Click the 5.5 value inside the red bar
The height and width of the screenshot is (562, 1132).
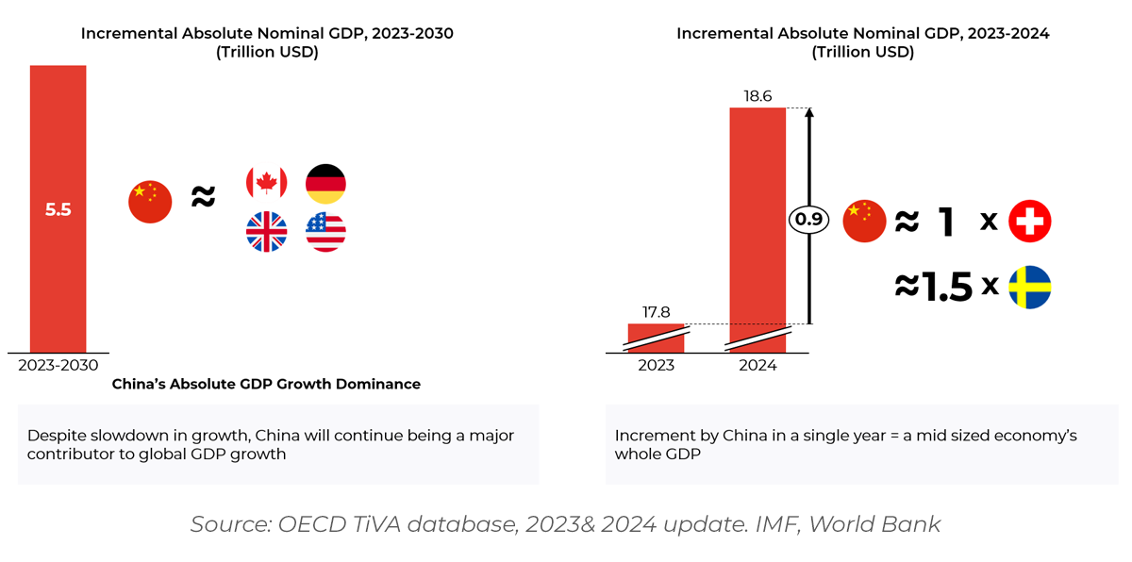(58, 210)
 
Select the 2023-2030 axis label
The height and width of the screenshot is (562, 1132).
(58, 365)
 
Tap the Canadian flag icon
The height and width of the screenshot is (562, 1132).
(266, 183)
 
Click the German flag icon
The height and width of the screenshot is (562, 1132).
(325, 183)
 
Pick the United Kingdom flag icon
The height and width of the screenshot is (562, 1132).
(266, 231)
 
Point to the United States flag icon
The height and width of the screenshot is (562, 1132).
(325, 231)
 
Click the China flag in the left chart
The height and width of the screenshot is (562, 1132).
(150, 202)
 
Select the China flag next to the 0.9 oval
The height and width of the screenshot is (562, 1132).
(864, 221)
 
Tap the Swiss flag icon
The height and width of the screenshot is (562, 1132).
(1029, 222)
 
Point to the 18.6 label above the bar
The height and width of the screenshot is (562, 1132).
(757, 96)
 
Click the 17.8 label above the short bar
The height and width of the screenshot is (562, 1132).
(656, 312)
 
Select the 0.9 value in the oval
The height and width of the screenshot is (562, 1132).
(808, 221)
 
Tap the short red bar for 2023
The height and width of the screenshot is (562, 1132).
(656, 338)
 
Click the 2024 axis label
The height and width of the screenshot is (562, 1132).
(757, 365)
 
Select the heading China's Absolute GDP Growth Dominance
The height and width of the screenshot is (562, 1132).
(266, 385)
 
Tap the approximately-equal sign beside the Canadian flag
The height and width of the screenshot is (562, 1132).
(204, 198)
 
